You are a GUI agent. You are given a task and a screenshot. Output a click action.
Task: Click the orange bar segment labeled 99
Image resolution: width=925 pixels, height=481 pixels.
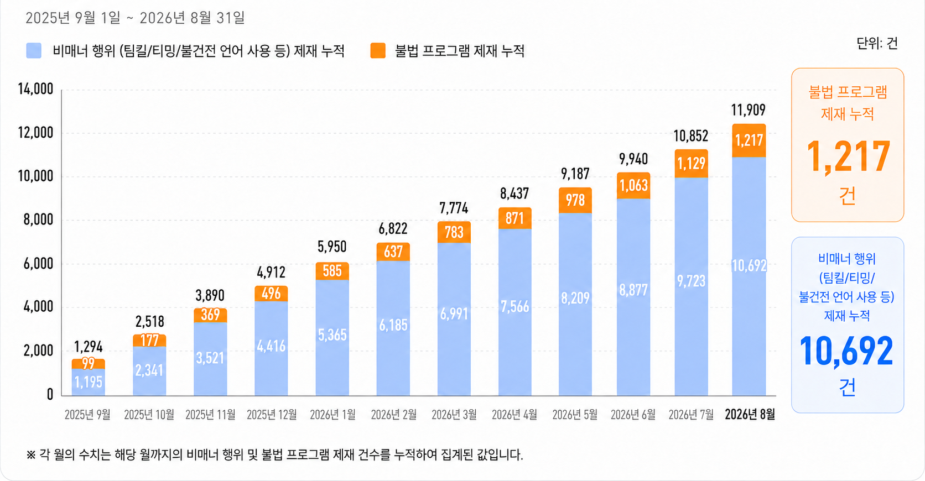pyautogui.click(x=89, y=364)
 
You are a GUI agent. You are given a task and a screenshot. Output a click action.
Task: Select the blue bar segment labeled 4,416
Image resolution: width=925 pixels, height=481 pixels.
pyautogui.click(x=271, y=348)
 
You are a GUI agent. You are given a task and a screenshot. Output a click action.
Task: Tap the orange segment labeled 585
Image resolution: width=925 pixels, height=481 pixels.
pyautogui.click(x=332, y=271)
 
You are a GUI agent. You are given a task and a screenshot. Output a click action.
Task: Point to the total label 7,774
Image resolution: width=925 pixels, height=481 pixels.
pyautogui.click(x=454, y=208)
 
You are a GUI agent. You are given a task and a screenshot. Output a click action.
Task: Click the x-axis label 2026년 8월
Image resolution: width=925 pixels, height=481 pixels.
pyautogui.click(x=750, y=415)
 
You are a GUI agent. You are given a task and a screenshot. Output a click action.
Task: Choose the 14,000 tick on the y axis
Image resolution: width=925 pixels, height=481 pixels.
pyautogui.click(x=35, y=88)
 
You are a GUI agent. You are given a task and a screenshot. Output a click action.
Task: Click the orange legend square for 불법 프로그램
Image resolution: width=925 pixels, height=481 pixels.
pyautogui.click(x=378, y=50)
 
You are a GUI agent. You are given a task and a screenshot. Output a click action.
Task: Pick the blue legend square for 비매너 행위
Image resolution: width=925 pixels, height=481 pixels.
pyautogui.click(x=34, y=50)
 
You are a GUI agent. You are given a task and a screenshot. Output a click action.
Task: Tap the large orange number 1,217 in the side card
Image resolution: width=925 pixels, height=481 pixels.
pyautogui.click(x=848, y=157)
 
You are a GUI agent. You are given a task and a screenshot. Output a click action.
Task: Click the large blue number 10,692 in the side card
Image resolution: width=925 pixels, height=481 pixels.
pyautogui.click(x=847, y=351)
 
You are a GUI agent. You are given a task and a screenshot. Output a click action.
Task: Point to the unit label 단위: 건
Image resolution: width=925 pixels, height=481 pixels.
pyautogui.click(x=877, y=43)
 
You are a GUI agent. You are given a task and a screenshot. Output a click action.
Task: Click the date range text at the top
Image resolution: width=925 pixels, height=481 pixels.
pyautogui.click(x=135, y=18)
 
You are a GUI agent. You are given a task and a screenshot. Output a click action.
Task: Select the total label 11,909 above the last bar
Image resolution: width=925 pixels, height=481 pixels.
pyautogui.click(x=749, y=110)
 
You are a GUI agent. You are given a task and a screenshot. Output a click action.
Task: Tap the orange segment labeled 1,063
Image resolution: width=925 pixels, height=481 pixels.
pyautogui.click(x=633, y=186)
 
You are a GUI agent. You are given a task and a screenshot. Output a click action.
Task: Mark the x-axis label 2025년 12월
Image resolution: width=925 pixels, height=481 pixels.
pyautogui.click(x=272, y=415)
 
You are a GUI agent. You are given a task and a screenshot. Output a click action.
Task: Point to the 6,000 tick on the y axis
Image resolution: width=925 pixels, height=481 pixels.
pyautogui.click(x=38, y=264)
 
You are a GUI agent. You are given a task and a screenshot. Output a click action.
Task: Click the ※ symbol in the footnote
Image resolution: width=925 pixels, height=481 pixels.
pyautogui.click(x=31, y=455)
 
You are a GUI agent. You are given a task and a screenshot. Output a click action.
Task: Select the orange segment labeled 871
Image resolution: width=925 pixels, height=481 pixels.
pyautogui.click(x=515, y=218)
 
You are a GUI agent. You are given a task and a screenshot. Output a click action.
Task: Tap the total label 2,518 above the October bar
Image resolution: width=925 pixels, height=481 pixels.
pyautogui.click(x=149, y=321)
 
